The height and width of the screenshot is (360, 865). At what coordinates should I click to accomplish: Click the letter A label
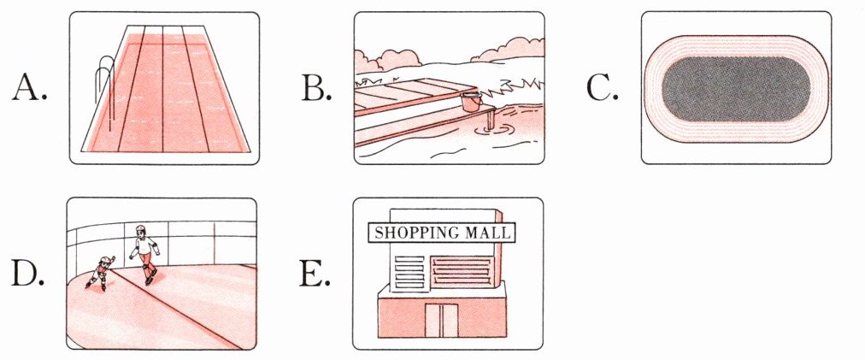click(29, 88)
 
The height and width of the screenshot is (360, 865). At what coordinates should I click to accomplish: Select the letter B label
click(315, 88)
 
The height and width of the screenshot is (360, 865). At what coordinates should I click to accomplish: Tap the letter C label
click(602, 88)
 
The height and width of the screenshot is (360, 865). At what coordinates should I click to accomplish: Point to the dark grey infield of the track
click(735, 88)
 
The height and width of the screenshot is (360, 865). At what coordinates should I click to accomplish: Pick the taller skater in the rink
click(145, 252)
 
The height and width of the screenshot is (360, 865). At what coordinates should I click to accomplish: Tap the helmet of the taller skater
click(140, 230)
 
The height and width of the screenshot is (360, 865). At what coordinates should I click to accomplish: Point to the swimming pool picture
click(164, 88)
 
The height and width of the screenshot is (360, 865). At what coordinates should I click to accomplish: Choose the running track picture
click(735, 88)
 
